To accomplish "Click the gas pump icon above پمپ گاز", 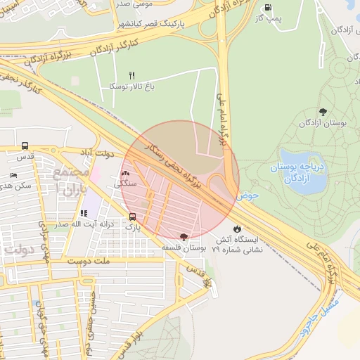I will (267, 8).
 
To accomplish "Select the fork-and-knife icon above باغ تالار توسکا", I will (131, 75).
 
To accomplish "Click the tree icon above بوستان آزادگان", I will (323, 112).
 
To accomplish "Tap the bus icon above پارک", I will (133, 217).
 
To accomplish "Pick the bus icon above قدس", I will (25, 146).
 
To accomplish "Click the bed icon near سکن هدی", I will (14, 175).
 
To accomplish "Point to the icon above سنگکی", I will (126, 172).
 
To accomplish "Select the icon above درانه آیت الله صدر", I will (84, 213).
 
